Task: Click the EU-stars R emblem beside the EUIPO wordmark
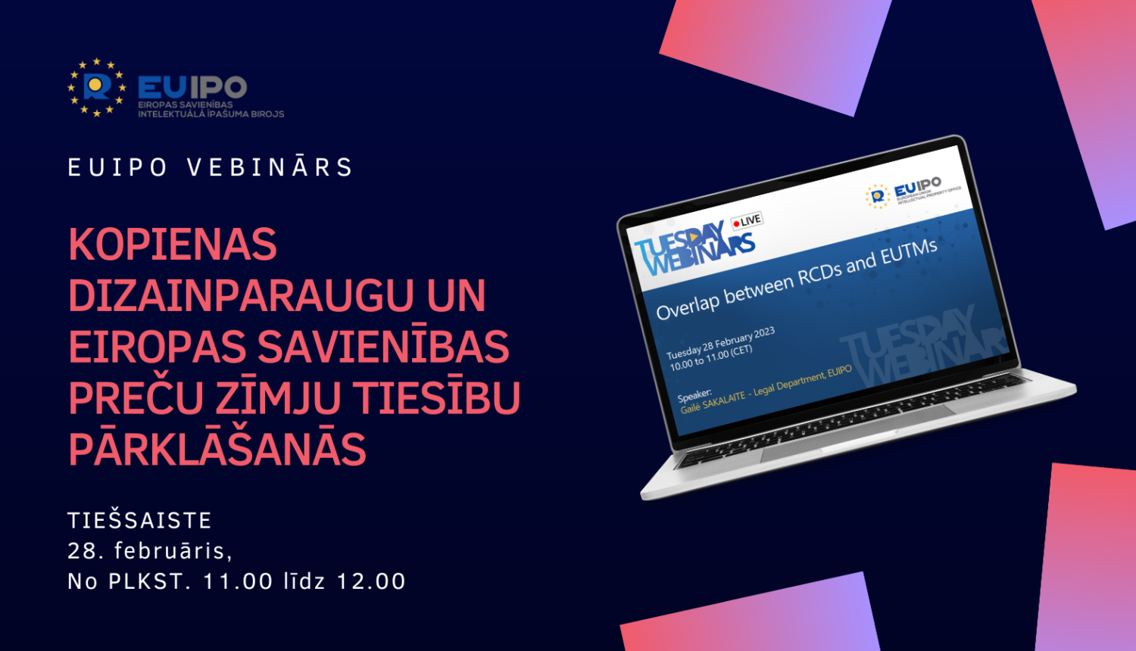pyautogui.click(x=96, y=87)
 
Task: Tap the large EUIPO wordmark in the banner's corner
pyautogui.click(x=192, y=87)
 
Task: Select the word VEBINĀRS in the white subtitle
pyautogui.click(x=270, y=167)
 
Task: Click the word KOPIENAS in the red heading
pyautogui.click(x=173, y=245)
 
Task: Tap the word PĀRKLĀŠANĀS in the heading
pyautogui.click(x=217, y=448)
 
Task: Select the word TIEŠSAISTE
pyautogui.click(x=139, y=521)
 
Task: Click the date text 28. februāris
pyautogui.click(x=150, y=551)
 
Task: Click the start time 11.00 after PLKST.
pyautogui.click(x=238, y=581)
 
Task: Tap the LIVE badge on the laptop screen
pyautogui.click(x=747, y=220)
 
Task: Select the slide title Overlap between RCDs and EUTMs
pyautogui.click(x=796, y=279)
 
